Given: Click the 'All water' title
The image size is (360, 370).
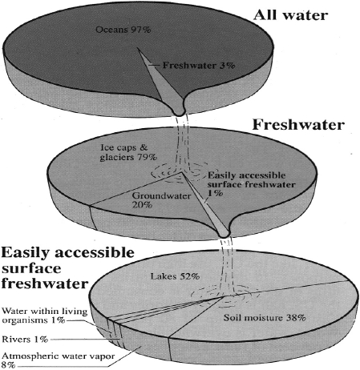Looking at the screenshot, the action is coord(290,15).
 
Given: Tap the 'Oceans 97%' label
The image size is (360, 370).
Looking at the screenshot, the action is coord(123,30).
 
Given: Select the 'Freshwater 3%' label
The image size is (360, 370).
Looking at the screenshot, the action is coord(199,66).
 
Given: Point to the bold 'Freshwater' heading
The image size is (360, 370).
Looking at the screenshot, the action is coord(298,125).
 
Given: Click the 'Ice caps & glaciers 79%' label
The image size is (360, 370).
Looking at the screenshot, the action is coord(128,152).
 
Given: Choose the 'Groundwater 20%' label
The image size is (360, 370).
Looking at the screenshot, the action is coord(161,200).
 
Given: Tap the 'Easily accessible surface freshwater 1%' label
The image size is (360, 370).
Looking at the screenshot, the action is coord(251,184).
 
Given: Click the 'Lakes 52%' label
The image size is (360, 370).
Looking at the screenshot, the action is coord(175,276).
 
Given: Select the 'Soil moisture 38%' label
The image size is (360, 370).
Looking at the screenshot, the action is coord(265,318).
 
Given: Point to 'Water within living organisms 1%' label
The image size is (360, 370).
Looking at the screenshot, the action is coord(45,316).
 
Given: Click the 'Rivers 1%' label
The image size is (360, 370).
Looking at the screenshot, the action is coord(25,340).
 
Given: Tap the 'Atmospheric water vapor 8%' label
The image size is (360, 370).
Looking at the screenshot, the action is coord(59,360).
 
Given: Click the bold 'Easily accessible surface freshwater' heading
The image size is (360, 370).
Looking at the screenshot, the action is coord(67,268).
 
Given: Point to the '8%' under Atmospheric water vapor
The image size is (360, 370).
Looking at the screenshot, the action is coord(8,365).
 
